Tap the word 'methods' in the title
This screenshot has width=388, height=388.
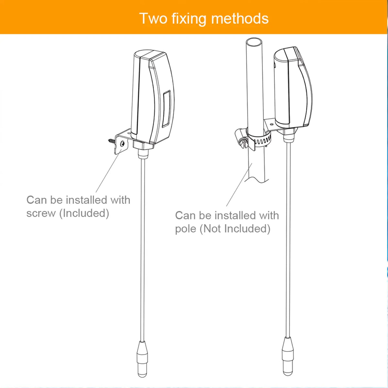240,18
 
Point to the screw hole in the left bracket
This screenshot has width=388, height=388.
122,144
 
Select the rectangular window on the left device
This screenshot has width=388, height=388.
167,109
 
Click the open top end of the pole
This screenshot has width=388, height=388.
254,42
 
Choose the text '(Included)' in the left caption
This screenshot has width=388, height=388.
84,213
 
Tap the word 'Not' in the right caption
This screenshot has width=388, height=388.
211,229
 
